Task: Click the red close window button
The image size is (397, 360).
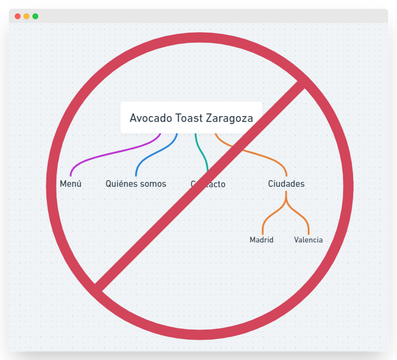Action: [x=18, y=16]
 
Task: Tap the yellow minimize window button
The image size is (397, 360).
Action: [x=26, y=16]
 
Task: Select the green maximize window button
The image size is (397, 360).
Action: [x=35, y=16]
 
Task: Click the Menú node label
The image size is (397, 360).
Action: [x=70, y=184]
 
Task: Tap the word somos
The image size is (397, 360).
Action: [x=153, y=184]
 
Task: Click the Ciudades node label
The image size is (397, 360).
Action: [x=286, y=184]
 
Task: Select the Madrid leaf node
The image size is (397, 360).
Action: [x=262, y=240]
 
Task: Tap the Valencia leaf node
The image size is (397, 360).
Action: [x=308, y=240]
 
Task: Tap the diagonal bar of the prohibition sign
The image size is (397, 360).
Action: [x=149, y=236]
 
